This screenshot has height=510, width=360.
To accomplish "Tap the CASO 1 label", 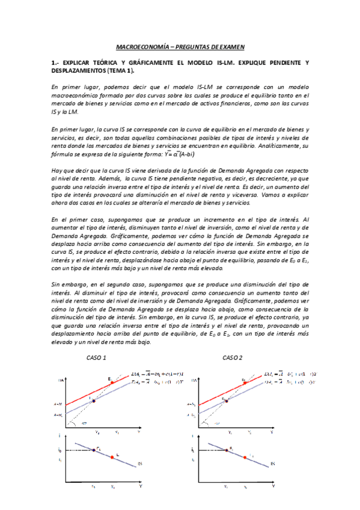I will point(97,358).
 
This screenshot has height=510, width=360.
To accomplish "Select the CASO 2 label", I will point(232,358).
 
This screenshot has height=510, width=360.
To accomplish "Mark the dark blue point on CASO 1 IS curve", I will point(94,450).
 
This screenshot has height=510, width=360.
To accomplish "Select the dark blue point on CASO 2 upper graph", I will point(227,400).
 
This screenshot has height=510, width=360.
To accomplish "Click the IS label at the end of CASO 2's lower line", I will point(272,463).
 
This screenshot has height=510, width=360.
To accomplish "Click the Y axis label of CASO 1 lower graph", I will point(141,486).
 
